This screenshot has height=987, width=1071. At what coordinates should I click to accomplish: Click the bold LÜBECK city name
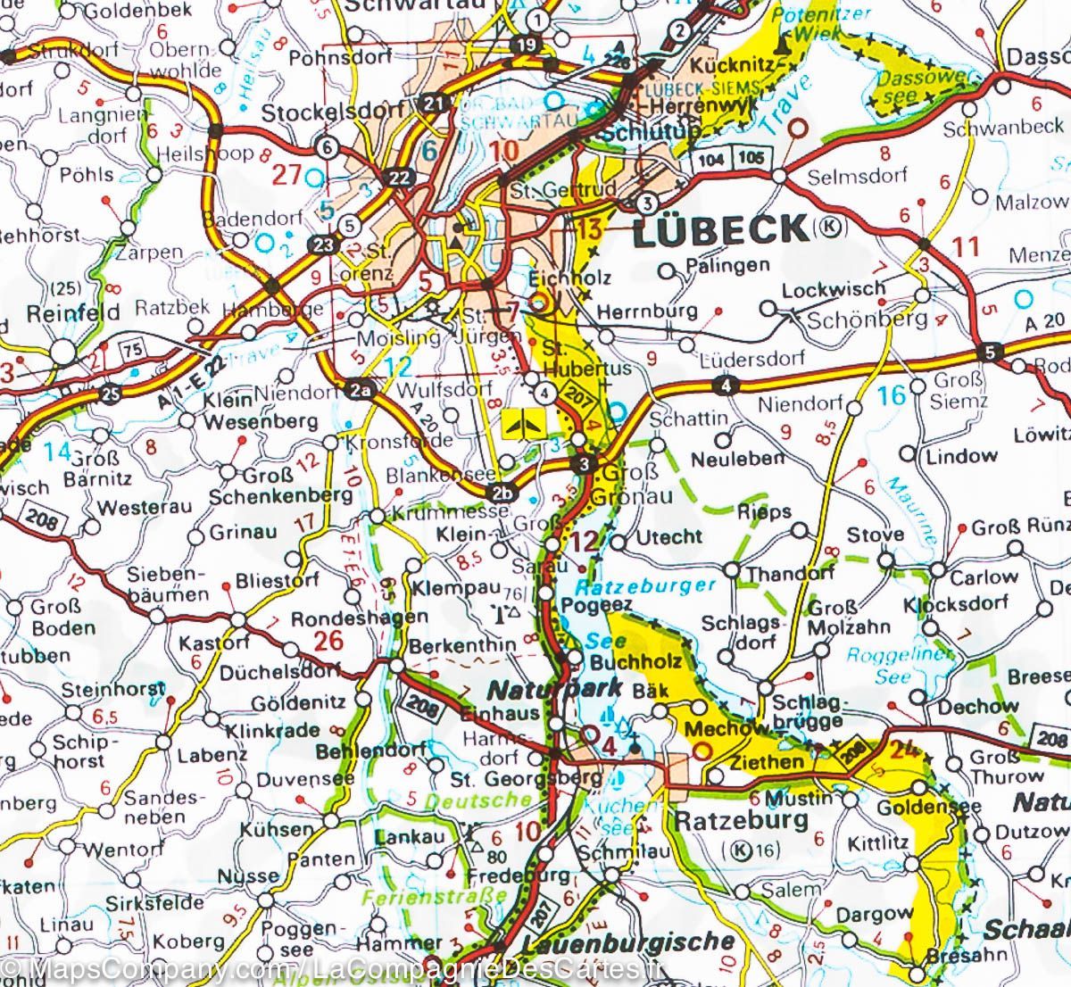tap(719, 230)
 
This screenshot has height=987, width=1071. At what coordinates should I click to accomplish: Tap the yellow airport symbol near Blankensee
tap(522, 424)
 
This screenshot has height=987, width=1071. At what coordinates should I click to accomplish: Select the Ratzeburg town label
tap(730, 820)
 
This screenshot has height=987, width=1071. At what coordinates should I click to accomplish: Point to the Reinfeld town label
tap(61, 313)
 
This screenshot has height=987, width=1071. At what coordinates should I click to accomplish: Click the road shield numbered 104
tap(711, 158)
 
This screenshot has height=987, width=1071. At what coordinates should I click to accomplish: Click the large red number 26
tap(328, 640)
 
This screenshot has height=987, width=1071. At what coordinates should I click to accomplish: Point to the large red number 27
tap(286, 173)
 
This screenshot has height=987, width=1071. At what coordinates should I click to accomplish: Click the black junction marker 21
tap(434, 104)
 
